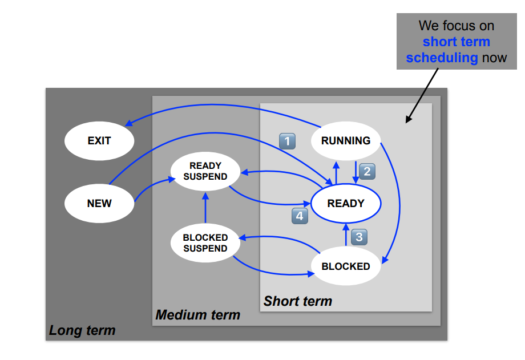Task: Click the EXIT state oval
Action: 99,140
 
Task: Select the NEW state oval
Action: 99,203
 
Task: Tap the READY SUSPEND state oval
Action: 205,172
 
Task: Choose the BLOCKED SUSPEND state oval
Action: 205,243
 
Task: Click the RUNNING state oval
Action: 346,141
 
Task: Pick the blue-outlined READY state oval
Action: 346,203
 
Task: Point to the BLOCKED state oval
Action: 346,266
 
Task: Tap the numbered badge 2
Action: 367,171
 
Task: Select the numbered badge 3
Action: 358,236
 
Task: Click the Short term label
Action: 297,301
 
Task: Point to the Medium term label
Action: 198,315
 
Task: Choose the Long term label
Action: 82,330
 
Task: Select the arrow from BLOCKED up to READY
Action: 346,235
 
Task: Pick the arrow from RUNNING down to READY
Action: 356,172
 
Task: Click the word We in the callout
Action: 429,26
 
